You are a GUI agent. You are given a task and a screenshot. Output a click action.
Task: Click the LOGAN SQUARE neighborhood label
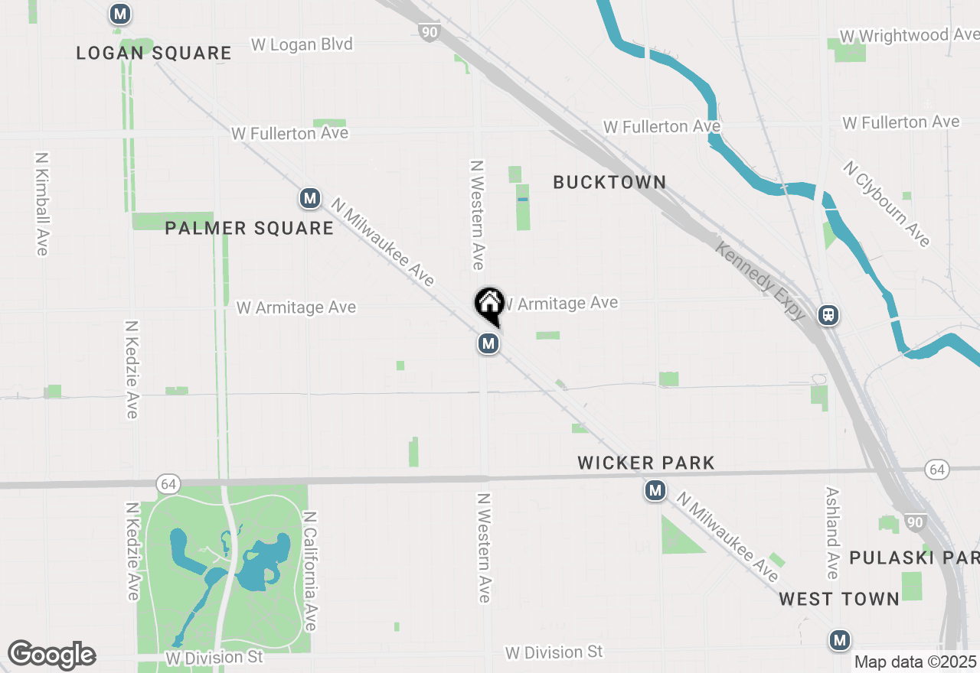coord(153,53)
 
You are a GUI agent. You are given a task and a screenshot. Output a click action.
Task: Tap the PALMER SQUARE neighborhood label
coord(249,228)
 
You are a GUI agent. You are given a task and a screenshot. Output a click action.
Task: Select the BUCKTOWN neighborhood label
coord(609,182)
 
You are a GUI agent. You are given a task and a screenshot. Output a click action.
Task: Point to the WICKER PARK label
coord(646,463)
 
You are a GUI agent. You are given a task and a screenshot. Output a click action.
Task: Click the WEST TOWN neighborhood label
coord(839,599)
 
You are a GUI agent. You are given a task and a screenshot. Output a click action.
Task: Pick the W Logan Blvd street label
coord(302,45)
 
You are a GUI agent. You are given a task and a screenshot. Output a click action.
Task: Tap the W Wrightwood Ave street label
coord(908,36)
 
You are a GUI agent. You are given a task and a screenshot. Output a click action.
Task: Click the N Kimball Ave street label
coord(41,203)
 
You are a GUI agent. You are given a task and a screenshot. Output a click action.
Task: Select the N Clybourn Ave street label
coord(887,203)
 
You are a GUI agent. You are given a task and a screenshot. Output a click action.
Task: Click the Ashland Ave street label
coord(833,533)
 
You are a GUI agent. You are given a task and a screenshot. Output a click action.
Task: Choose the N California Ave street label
coord(309,571)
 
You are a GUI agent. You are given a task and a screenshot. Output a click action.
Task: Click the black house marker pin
coord(488,304)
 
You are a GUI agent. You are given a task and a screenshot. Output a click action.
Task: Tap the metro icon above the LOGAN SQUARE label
coord(119,14)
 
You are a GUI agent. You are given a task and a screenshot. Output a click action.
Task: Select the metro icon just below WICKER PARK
coord(655,490)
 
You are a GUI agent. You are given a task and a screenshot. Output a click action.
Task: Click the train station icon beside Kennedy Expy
coord(827,315)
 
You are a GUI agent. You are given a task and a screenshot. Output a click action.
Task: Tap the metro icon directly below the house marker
coord(488,344)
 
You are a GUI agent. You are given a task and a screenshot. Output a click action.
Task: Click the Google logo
coord(51,655)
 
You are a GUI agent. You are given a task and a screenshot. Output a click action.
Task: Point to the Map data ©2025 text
coord(915,662)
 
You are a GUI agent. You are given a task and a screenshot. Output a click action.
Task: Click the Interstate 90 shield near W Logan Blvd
coord(430,31)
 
